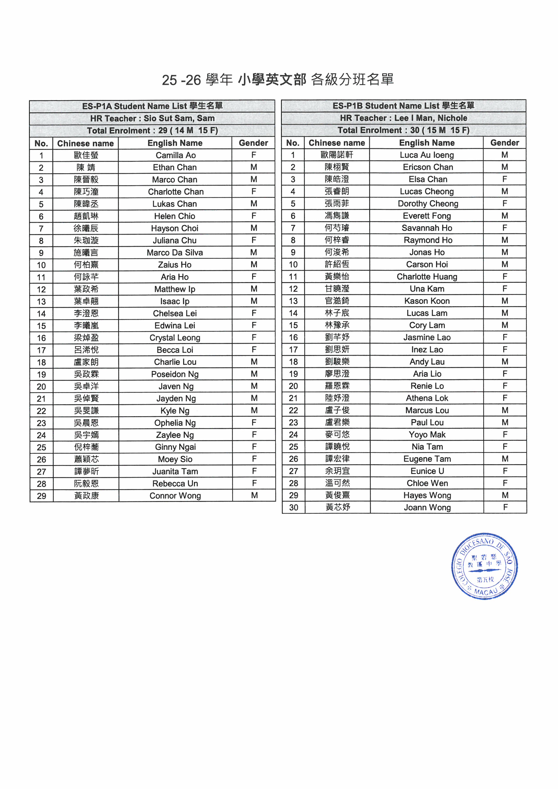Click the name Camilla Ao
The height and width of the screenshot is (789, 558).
click(x=175, y=155)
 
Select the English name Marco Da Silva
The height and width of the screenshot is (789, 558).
click(x=175, y=253)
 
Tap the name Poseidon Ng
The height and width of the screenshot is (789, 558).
click(x=175, y=374)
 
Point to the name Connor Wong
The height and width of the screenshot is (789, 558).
click(x=175, y=496)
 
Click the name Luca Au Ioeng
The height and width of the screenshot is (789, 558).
click(x=427, y=155)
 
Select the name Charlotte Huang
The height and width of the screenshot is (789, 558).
click(x=427, y=277)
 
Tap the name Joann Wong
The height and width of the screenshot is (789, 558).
click(x=427, y=508)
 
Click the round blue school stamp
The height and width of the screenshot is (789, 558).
click(x=484, y=567)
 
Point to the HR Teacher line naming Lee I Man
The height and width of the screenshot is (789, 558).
click(x=403, y=118)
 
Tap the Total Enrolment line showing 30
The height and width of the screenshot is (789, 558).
click(x=403, y=130)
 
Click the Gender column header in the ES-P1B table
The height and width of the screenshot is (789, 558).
click(x=504, y=143)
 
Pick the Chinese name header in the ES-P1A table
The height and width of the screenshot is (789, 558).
click(x=85, y=143)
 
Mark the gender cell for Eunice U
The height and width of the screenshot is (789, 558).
click(x=505, y=471)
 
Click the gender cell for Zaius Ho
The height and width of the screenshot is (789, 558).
click(x=254, y=265)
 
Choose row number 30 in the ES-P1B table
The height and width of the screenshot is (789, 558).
click(x=293, y=508)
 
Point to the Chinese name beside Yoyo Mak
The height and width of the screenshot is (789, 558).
click(x=337, y=435)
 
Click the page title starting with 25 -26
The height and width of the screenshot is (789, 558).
click(x=278, y=80)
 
